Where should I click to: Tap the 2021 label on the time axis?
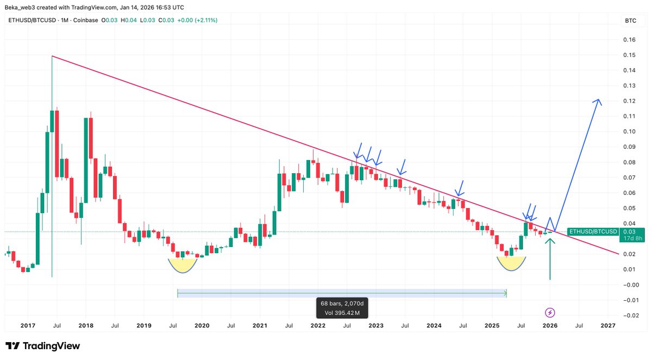[260, 325]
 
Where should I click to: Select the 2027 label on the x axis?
[608, 325]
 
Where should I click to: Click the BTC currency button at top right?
[630, 21]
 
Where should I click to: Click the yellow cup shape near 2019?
[183, 265]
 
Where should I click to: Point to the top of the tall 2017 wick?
[52, 56]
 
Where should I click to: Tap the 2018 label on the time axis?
[85, 325]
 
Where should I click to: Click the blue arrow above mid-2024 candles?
[460, 188]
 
